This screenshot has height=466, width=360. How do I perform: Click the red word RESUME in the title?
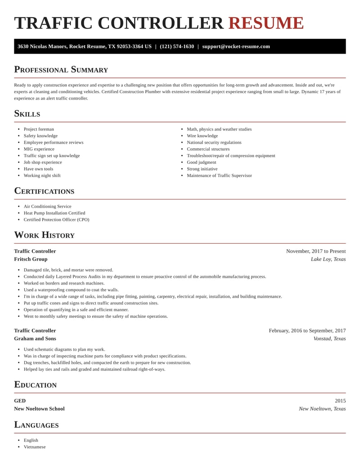266,23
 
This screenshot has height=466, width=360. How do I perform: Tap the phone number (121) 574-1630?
177,46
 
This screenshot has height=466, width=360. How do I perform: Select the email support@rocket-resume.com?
236,46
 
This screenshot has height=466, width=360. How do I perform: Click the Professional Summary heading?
61,69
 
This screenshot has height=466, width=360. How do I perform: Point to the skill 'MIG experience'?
39,149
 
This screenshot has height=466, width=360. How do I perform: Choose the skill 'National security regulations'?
214,142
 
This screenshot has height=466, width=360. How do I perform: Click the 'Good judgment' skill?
202,162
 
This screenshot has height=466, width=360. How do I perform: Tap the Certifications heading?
44,191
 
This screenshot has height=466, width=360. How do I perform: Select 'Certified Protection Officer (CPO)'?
57,220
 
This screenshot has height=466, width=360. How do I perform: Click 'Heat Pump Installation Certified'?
54,213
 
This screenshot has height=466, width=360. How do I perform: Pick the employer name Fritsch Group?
31,259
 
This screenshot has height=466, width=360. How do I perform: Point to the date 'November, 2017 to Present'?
316,251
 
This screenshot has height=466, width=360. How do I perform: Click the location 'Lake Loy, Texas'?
328,259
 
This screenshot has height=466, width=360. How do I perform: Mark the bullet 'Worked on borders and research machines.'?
64,283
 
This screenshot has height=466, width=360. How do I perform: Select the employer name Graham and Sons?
35,339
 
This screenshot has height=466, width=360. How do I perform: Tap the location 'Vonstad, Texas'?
329,339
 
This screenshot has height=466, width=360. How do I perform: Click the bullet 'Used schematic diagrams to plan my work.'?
64,349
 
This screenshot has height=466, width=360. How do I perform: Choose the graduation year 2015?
340,401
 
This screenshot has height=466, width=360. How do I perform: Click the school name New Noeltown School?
39,409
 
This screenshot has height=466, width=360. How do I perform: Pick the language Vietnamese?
35,447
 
